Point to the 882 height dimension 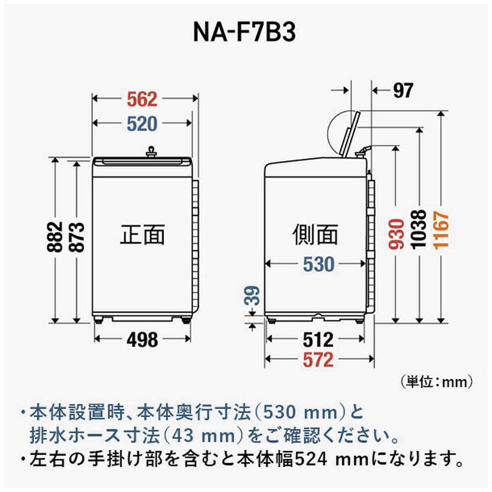point(55,237)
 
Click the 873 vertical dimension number point(77,237)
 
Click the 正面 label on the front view point(143,234)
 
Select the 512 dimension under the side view point(318,339)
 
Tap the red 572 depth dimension point(318,360)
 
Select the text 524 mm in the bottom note point(335,458)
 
